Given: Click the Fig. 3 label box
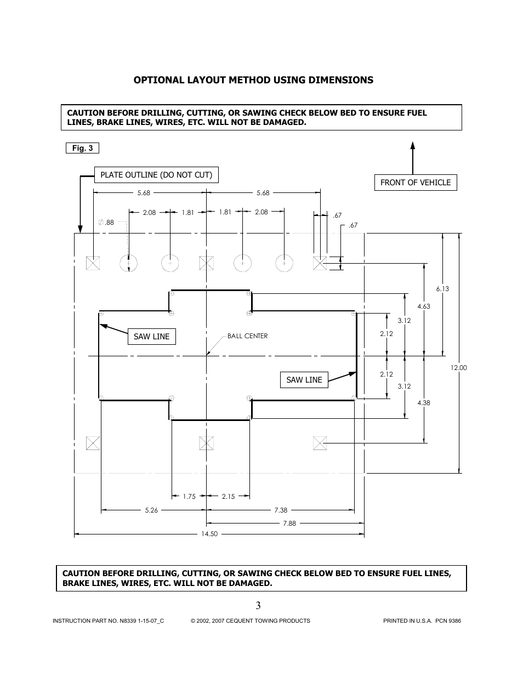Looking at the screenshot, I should point(82,148).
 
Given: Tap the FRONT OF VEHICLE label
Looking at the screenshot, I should point(415,183).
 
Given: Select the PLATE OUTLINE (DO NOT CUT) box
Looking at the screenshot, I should point(156,175).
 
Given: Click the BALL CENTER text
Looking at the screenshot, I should point(247,336).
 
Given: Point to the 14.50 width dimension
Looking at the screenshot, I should point(210,533).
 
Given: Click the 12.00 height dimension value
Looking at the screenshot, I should point(458,368).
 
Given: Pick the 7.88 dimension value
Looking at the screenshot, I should point(289,524).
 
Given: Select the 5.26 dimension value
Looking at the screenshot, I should point(151,510).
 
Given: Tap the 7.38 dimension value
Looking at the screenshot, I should point(281,510).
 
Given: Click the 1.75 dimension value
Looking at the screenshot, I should point(189,497).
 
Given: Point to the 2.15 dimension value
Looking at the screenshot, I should point(228,497).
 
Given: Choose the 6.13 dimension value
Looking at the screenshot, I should point(442,289).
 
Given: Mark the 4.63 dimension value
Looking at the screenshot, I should point(424,306).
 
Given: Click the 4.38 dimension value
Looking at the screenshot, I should point(424,403).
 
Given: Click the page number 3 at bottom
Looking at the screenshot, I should point(258,605).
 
